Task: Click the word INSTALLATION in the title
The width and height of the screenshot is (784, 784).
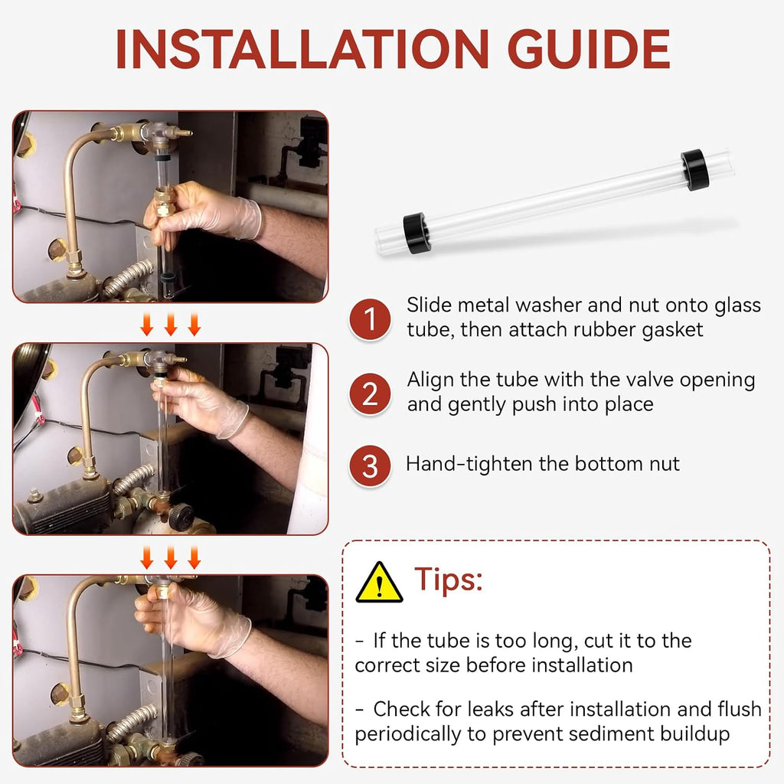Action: coord(302,48)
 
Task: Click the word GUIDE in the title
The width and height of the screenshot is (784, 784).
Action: coord(589,48)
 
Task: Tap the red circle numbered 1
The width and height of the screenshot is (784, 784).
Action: coord(370,319)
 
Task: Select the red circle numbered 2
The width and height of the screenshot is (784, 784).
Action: coord(370,394)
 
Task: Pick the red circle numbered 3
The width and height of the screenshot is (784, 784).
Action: coord(370,466)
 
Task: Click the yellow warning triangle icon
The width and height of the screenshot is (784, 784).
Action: coord(379,583)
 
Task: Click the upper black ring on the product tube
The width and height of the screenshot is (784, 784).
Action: coord(694,169)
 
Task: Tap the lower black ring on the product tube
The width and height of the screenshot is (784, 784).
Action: coord(416,233)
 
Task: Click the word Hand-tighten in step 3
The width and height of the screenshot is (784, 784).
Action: coord(469,464)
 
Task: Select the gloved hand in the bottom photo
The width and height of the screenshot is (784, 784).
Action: coord(192,620)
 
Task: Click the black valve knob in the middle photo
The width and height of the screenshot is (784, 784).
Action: coord(181,517)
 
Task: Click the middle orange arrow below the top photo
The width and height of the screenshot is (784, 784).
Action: coord(171,325)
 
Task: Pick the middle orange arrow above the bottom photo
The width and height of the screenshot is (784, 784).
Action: coord(171,557)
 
